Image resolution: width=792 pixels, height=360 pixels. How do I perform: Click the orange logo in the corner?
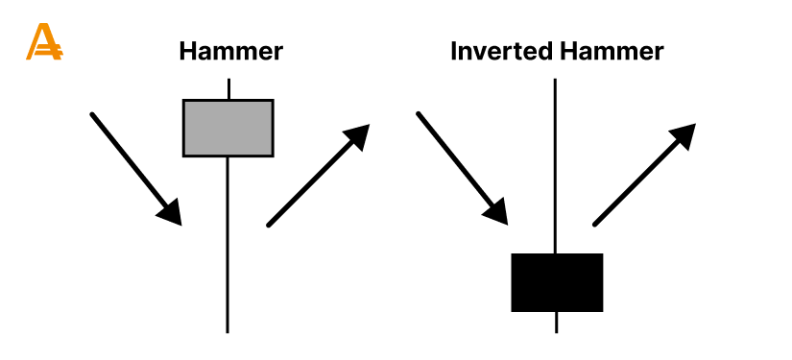pos(43,42)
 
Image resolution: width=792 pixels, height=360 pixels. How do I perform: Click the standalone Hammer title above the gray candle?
pos(230,50)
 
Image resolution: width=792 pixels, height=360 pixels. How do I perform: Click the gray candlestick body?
pos(228,127)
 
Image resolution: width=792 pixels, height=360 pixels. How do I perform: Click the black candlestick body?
pos(557,282)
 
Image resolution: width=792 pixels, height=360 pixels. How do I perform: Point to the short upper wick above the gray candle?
pos(228,88)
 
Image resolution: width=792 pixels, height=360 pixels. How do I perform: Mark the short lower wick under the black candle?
pos(557,323)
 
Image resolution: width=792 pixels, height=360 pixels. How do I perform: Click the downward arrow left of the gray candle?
pos(134,167)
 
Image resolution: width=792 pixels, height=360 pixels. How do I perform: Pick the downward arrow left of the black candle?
pos(461,167)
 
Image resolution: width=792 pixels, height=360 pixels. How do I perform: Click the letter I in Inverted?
pos(454,50)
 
